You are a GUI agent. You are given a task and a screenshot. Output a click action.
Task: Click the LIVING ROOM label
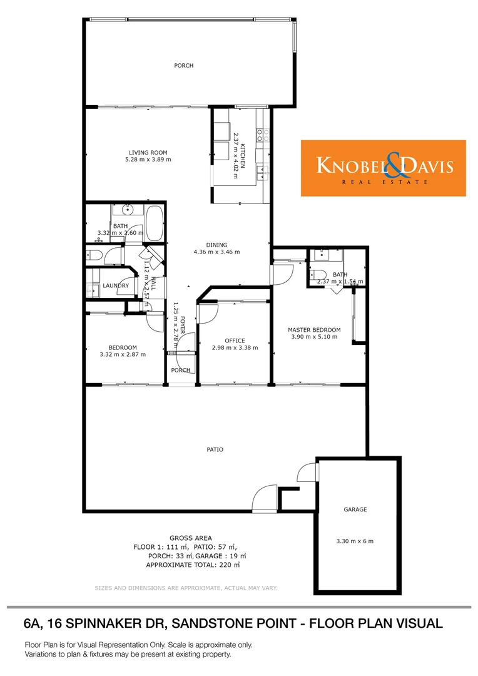pyautogui.click(x=148, y=152)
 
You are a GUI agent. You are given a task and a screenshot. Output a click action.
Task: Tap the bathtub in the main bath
pyautogui.click(x=155, y=222)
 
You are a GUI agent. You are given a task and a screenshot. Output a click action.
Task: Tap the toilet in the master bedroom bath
pyautogui.click(x=316, y=274)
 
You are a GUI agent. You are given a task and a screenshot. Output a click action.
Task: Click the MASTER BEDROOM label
pyautogui.click(x=314, y=330)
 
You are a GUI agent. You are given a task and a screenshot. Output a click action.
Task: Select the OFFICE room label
pyautogui.click(x=235, y=341)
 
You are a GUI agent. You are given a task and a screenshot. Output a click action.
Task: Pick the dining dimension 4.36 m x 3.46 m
pyautogui.click(x=216, y=252)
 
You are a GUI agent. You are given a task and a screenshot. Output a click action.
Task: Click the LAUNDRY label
pyautogui.click(x=116, y=285)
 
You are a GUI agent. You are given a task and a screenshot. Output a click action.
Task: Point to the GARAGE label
pyautogui.click(x=355, y=510)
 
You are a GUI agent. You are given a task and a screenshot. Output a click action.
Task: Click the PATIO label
pyautogui.click(x=215, y=449)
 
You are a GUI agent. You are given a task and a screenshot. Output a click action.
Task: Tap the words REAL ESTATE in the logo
pyautogui.click(x=384, y=182)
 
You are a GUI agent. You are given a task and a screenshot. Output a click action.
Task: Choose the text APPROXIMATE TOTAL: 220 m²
pyautogui.click(x=193, y=565)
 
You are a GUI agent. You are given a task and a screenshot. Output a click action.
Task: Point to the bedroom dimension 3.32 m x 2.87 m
pyautogui.click(x=123, y=355)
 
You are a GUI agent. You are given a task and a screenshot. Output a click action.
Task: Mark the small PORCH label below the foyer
pyautogui.click(x=181, y=370)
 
